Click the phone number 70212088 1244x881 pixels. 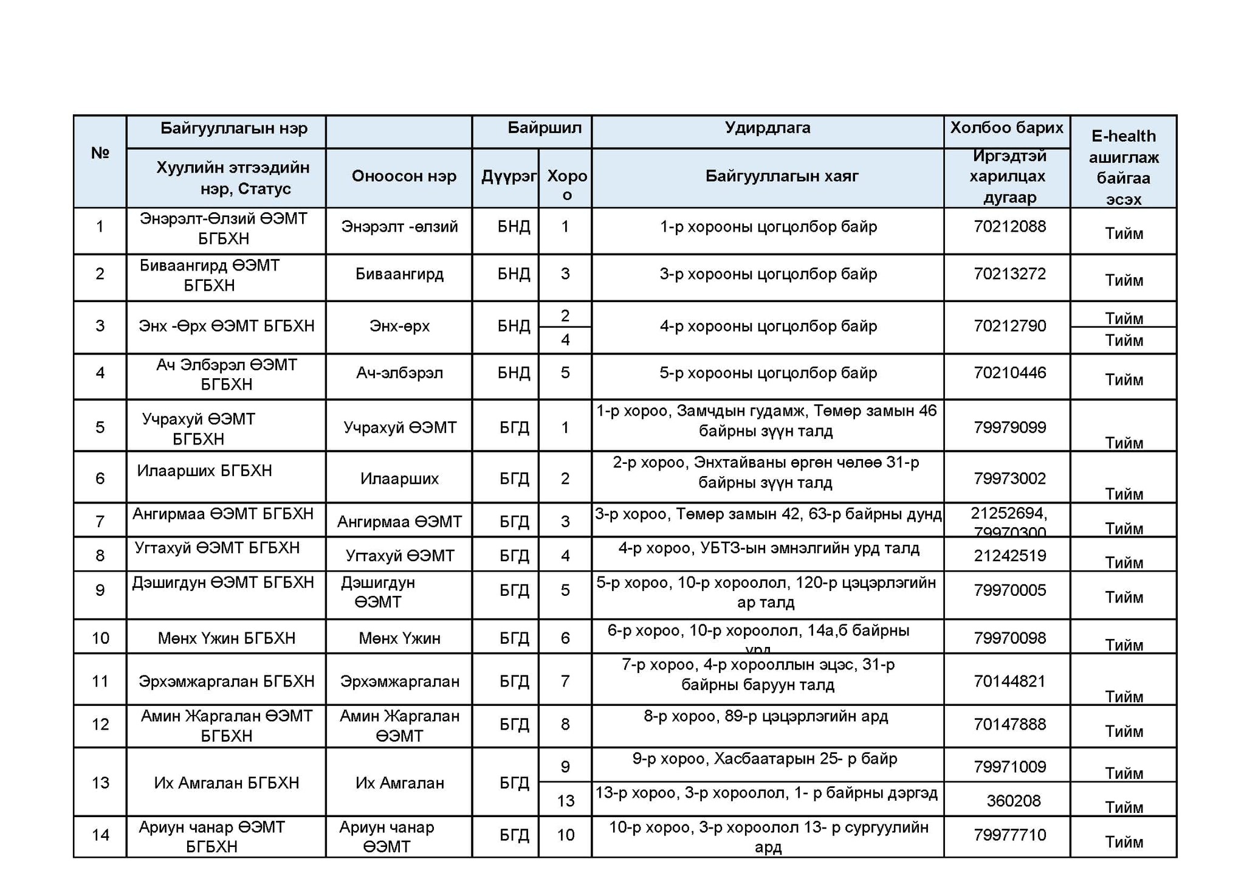1009,227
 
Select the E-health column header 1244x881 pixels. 1123,167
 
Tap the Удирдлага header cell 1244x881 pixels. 767,128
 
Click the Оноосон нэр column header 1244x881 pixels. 404,176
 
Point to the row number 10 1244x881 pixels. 100,638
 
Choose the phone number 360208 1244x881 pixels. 1013,801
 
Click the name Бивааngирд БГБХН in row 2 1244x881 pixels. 210,275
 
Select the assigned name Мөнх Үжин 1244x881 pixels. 399,638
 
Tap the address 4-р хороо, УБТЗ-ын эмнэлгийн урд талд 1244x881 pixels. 769,548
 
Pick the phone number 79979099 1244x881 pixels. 1009,427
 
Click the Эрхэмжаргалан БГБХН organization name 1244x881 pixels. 226,681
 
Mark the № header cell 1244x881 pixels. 100,153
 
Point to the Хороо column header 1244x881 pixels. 566,184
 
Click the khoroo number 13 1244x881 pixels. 565,801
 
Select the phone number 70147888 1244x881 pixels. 1009,724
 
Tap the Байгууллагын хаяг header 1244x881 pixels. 782,176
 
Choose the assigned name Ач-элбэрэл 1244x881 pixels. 399,373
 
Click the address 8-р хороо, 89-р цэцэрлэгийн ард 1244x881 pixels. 766,716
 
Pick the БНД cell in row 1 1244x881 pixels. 514,227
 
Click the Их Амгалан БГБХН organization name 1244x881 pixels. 226,783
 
